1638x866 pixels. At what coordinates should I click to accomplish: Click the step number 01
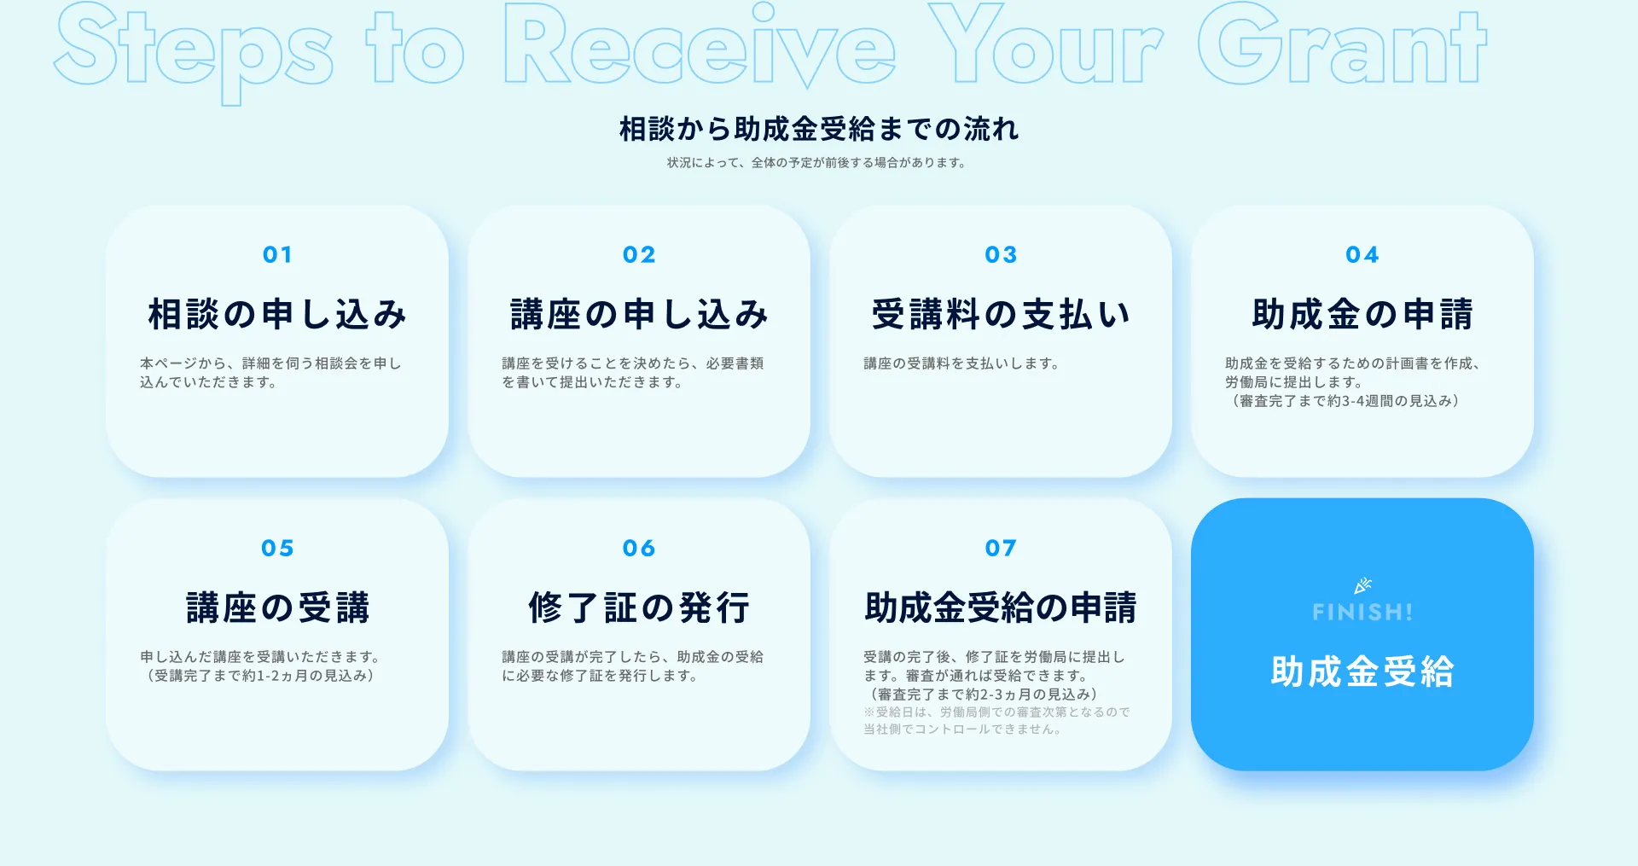277,254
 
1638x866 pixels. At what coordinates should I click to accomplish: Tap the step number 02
639,254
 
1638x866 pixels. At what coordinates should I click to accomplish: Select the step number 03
1001,254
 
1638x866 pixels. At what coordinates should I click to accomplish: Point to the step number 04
1362,254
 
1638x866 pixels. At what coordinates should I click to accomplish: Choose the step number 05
277,548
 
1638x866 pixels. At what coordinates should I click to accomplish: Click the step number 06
639,548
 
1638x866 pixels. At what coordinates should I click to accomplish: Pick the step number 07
1001,548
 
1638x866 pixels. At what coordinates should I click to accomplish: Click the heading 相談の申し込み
277,314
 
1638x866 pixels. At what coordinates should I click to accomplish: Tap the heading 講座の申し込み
639,314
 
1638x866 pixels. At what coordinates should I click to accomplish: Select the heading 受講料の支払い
1001,314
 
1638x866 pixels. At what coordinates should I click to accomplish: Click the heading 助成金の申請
1362,314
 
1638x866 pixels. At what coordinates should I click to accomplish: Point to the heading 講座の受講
277,607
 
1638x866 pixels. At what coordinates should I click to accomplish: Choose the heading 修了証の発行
639,607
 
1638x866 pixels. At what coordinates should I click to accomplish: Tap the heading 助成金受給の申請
1001,607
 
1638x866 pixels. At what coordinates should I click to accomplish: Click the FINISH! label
1362,612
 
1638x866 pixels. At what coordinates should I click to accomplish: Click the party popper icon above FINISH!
1362,585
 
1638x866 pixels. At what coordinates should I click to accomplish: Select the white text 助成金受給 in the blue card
1362,671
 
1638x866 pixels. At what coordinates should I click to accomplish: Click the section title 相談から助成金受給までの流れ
819,129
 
